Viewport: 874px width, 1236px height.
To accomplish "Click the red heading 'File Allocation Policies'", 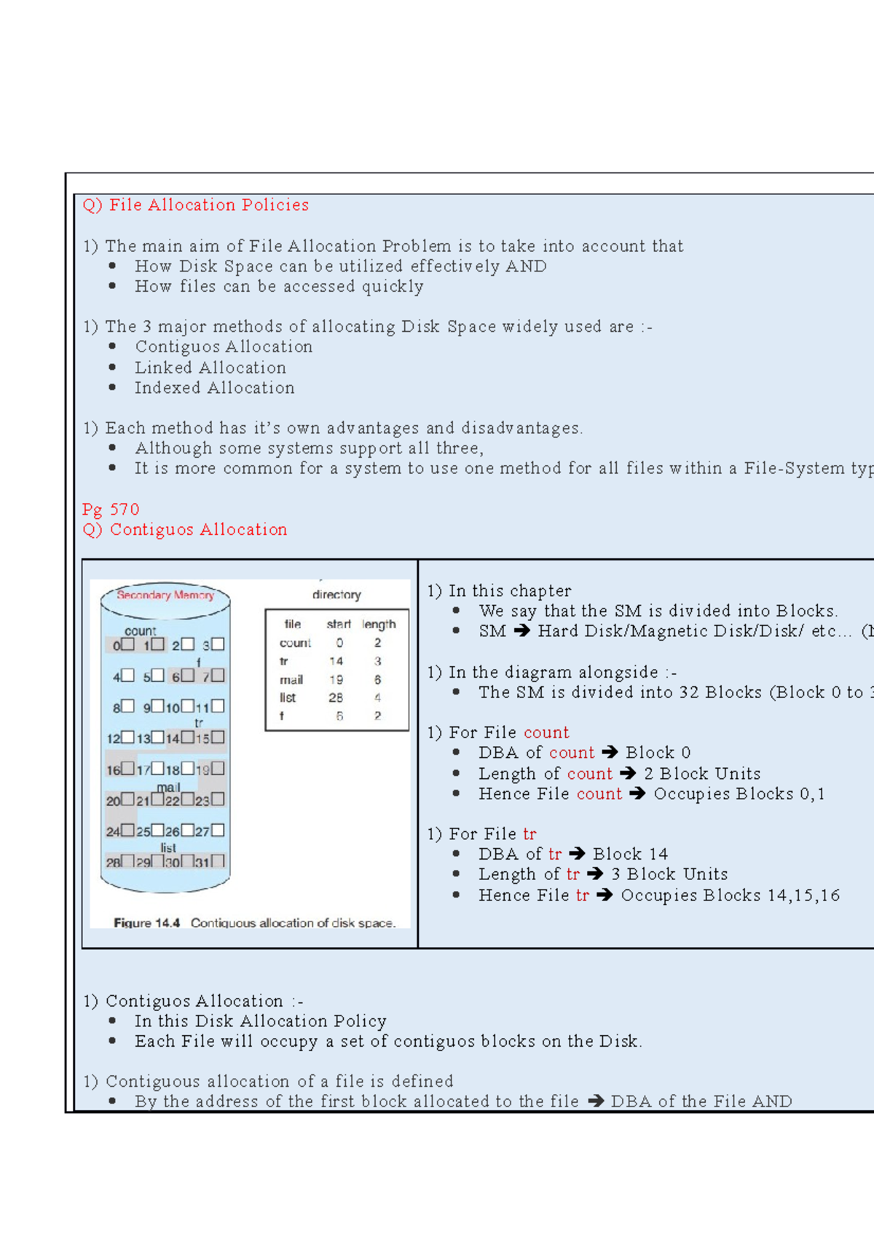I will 208,205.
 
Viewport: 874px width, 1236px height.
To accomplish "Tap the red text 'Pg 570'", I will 111,510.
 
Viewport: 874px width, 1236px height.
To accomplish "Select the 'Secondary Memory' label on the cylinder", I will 165,595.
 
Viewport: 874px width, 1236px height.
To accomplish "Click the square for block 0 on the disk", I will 128,644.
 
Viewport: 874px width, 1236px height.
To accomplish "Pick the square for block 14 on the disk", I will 188,737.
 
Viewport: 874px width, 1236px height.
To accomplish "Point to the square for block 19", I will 218,769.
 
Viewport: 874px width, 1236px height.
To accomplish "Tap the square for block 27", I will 218,830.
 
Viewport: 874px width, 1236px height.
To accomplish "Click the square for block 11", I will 218,706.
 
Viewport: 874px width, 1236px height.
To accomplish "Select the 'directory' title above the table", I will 336,595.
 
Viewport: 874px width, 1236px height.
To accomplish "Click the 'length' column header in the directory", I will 379,625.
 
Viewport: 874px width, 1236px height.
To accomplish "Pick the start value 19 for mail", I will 336,680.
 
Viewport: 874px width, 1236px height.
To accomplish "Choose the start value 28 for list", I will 336,698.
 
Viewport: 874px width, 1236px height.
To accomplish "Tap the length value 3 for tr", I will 377,662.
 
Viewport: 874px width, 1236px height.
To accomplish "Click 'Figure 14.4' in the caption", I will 146,923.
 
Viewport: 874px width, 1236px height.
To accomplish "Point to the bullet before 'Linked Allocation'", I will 112,368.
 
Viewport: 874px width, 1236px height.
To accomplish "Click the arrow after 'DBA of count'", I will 610,753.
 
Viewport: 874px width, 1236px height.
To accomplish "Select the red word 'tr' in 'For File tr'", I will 529,834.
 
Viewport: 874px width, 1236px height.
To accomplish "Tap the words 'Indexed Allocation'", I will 214,388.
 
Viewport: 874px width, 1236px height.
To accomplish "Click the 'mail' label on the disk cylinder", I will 168,788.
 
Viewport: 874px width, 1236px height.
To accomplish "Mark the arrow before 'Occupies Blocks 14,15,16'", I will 605,895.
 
